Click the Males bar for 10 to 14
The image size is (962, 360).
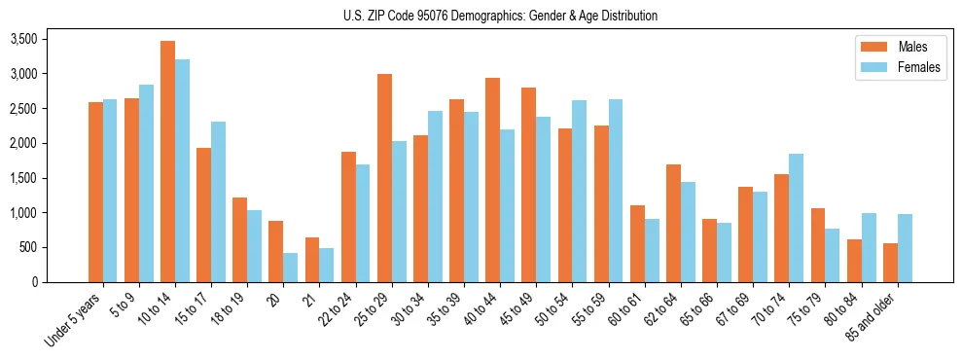click(x=167, y=162)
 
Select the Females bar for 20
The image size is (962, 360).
click(x=291, y=268)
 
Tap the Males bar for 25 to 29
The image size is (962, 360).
click(x=384, y=178)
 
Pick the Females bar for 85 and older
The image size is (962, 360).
click(x=905, y=248)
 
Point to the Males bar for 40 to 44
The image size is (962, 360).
click(x=492, y=180)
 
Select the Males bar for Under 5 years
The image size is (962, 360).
click(x=95, y=192)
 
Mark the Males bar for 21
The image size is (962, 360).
click(x=312, y=260)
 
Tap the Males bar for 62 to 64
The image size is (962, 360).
click(x=673, y=223)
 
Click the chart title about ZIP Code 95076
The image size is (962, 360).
click(x=500, y=16)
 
